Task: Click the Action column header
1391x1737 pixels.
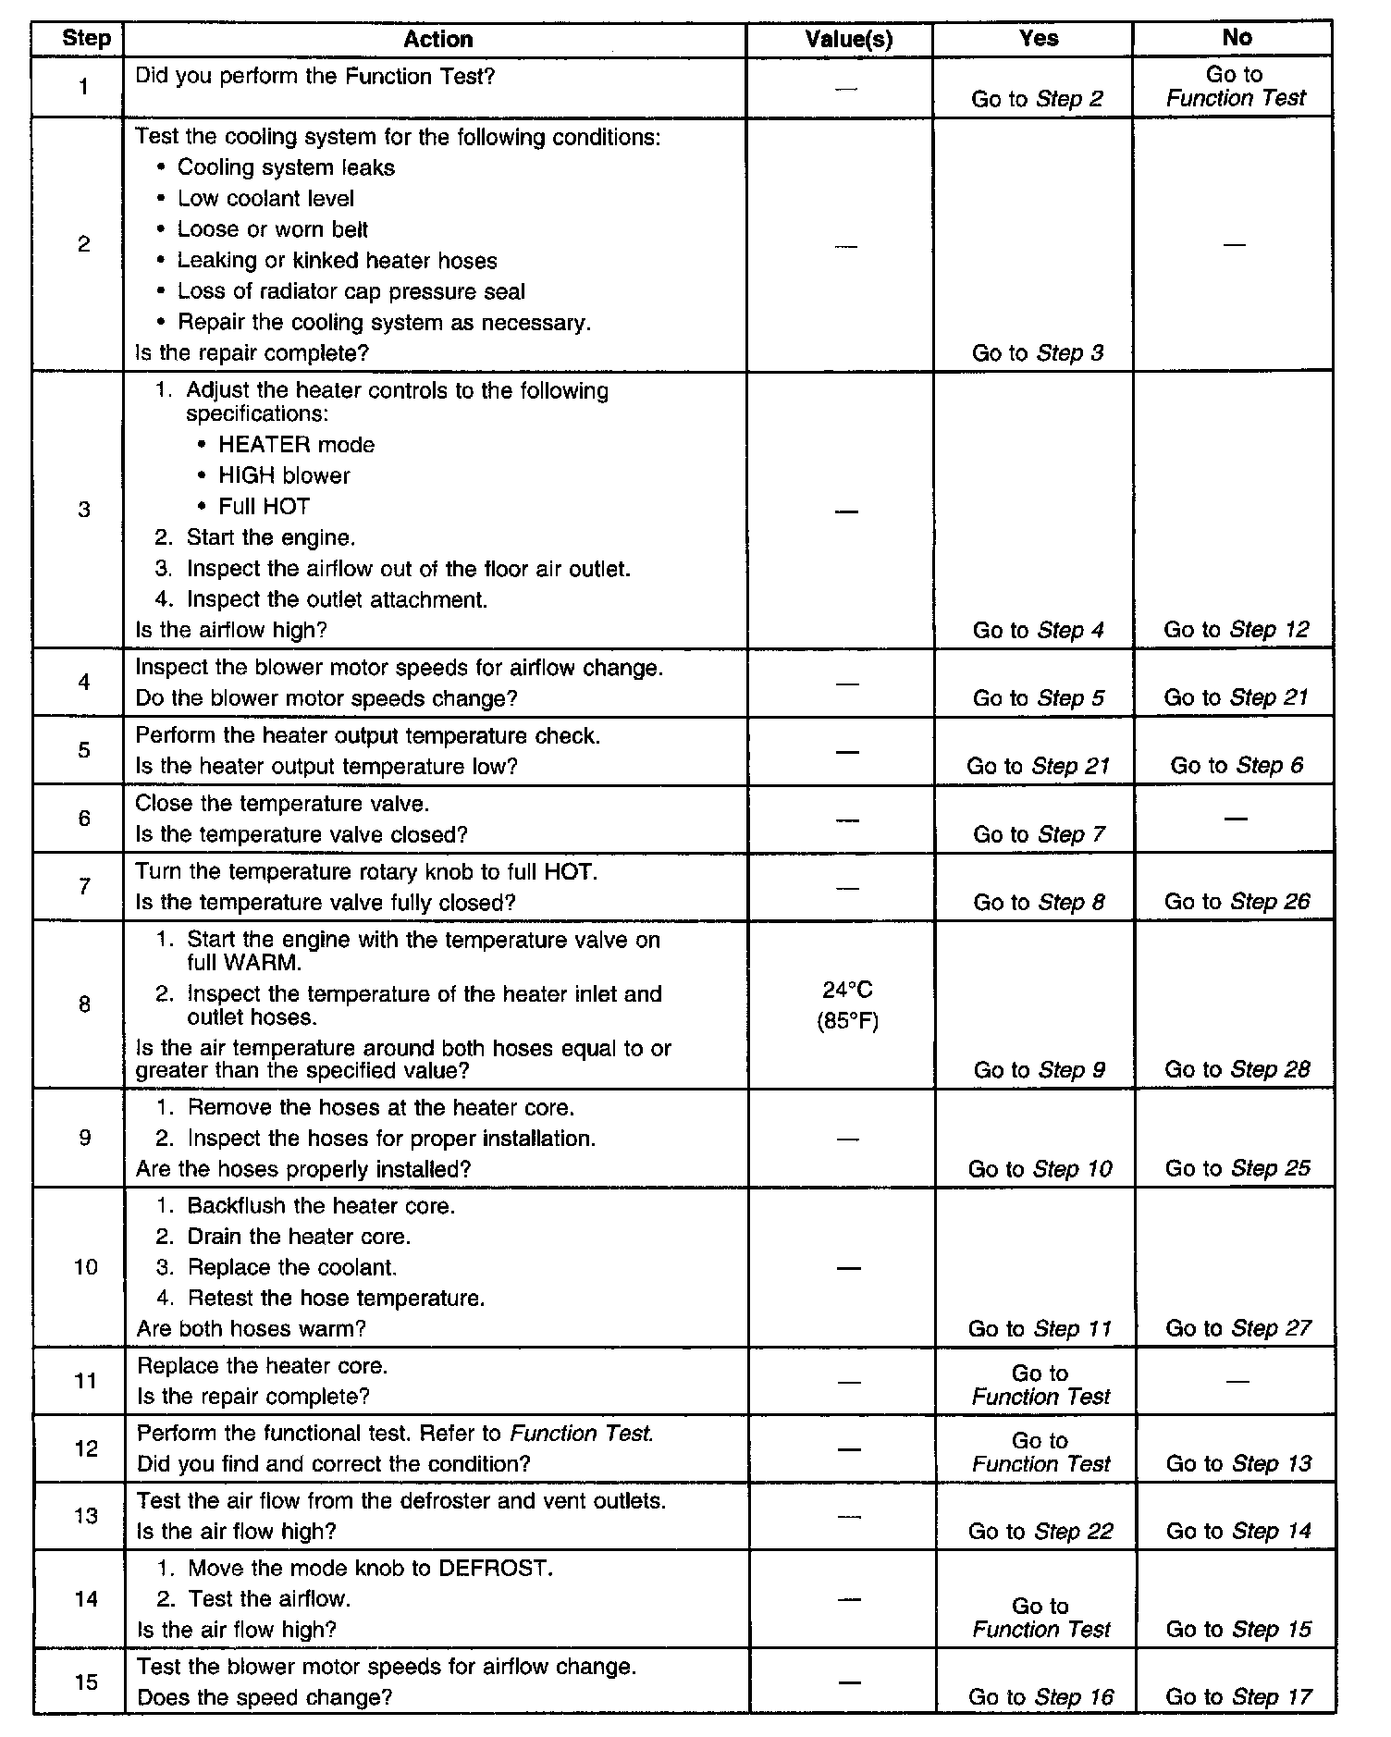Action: [x=438, y=40]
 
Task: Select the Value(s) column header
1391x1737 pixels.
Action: [x=848, y=40]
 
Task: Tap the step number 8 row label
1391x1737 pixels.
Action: [x=84, y=1004]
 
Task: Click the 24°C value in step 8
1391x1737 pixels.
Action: [x=847, y=991]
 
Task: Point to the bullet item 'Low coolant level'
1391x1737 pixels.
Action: [x=265, y=199]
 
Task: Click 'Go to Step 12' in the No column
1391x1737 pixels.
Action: [x=1237, y=630]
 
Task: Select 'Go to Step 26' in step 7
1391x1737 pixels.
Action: [x=1237, y=902]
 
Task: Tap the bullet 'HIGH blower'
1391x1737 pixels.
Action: [x=284, y=475]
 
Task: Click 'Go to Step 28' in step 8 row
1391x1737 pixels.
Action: [x=1237, y=1070]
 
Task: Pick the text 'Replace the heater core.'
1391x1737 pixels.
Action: [x=263, y=1365]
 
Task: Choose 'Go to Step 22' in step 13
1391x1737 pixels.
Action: [x=1040, y=1532]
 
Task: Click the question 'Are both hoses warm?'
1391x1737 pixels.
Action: [x=252, y=1329]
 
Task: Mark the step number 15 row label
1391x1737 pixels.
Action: [x=85, y=1682]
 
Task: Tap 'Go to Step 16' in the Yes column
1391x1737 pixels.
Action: [x=1040, y=1697]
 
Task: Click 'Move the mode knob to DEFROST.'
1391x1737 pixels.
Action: [x=370, y=1569]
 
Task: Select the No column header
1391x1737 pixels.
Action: [x=1237, y=38]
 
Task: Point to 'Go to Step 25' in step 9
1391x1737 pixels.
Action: [x=1237, y=1169]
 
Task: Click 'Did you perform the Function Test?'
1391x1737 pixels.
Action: [x=315, y=76]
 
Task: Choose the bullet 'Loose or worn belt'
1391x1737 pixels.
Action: [x=273, y=229]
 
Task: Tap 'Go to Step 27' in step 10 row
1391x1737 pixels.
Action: [x=1237, y=1329]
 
